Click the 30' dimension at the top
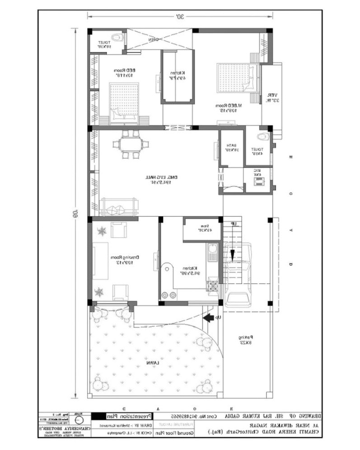pos(180,17)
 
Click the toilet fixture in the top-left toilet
pos(117,36)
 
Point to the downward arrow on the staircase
pos(233,255)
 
